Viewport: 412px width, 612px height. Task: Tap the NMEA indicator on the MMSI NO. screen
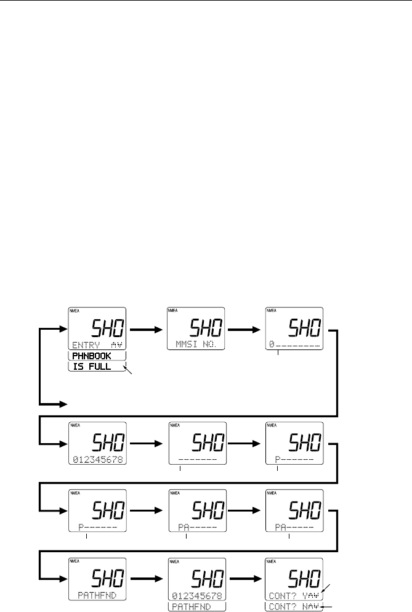tap(173, 311)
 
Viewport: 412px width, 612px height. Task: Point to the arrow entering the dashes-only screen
tap(147, 443)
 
